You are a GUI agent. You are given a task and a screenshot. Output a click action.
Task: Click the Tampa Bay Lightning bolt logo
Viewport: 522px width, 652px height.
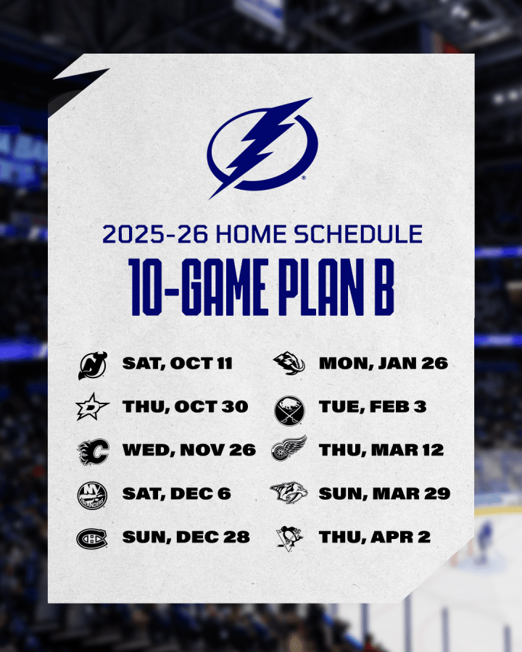pyautogui.click(x=262, y=148)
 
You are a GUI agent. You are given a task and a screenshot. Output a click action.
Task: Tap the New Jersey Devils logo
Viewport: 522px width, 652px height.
pyautogui.click(x=92, y=366)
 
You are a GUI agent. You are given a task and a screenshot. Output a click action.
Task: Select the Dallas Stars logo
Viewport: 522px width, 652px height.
pyautogui.click(x=92, y=406)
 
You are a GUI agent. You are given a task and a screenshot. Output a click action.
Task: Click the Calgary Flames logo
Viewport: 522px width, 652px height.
pyautogui.click(x=94, y=451)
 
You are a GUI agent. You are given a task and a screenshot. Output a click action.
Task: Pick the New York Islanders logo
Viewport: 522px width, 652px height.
pyautogui.click(x=92, y=496)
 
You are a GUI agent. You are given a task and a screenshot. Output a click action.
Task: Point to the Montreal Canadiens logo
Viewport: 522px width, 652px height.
pyautogui.click(x=91, y=539)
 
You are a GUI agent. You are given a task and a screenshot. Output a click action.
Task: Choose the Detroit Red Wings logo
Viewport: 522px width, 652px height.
pyautogui.click(x=289, y=448)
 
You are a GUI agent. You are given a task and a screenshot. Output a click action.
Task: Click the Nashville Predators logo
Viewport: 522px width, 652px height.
pyautogui.click(x=289, y=493)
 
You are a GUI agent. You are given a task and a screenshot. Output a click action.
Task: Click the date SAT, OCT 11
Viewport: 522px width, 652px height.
pyautogui.click(x=178, y=364)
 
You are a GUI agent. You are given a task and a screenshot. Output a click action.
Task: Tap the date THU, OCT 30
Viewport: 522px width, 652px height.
pyautogui.click(x=186, y=406)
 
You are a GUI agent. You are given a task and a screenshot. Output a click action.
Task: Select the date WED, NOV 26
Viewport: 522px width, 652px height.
pyautogui.click(x=189, y=451)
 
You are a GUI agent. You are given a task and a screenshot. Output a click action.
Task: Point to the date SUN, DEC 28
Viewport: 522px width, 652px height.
pyautogui.click(x=186, y=538)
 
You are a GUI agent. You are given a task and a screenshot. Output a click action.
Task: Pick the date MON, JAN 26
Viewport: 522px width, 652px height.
pyautogui.click(x=384, y=364)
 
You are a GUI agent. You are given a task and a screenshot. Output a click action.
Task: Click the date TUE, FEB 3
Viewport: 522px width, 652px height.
pyautogui.click(x=373, y=406)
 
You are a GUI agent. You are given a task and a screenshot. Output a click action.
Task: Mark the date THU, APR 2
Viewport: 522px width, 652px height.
pyautogui.click(x=375, y=538)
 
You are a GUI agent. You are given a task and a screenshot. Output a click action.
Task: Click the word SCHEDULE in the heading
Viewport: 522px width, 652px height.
pyautogui.click(x=358, y=234)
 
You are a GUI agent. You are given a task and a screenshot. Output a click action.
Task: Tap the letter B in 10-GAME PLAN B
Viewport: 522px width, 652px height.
pyautogui.click(x=384, y=287)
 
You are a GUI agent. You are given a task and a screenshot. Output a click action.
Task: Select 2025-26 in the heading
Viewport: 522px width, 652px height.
pyautogui.click(x=155, y=234)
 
